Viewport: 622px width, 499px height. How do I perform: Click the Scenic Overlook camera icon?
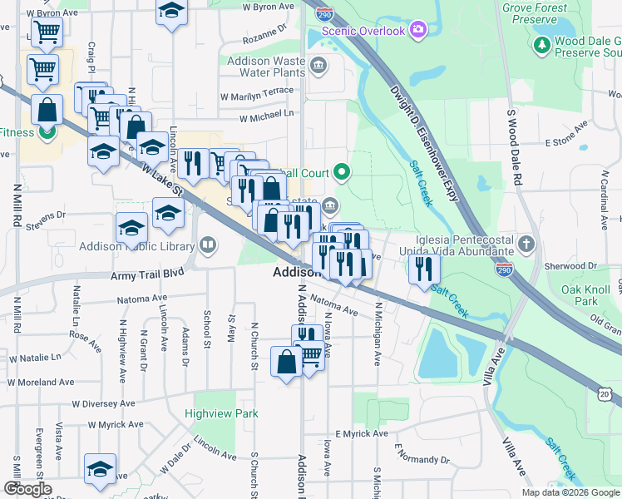point(417,31)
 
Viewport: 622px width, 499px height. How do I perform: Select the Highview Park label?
point(221,413)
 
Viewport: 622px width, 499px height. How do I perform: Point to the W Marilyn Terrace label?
point(256,91)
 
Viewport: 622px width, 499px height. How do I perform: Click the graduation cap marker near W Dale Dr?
point(101,468)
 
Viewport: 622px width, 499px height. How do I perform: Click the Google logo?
point(27,490)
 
